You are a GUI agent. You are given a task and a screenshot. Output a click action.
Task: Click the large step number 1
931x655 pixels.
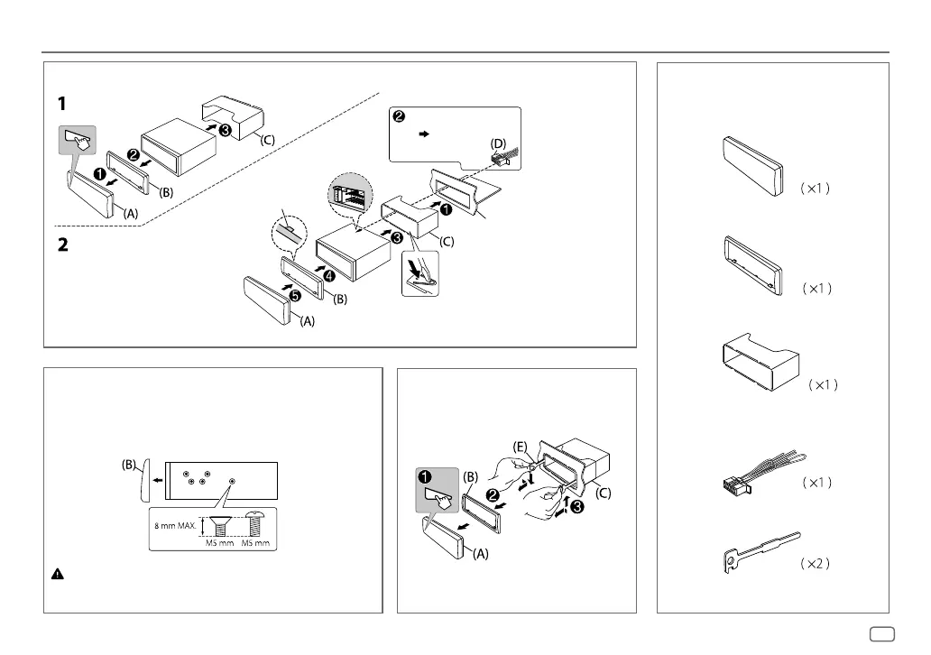click(61, 104)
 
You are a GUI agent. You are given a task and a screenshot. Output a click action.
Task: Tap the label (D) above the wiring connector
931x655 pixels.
click(497, 143)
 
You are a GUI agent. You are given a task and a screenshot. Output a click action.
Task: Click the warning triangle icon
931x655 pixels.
click(56, 573)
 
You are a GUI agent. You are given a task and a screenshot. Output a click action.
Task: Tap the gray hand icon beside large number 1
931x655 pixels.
click(78, 143)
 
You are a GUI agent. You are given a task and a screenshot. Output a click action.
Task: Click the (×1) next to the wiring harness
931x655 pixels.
click(815, 483)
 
